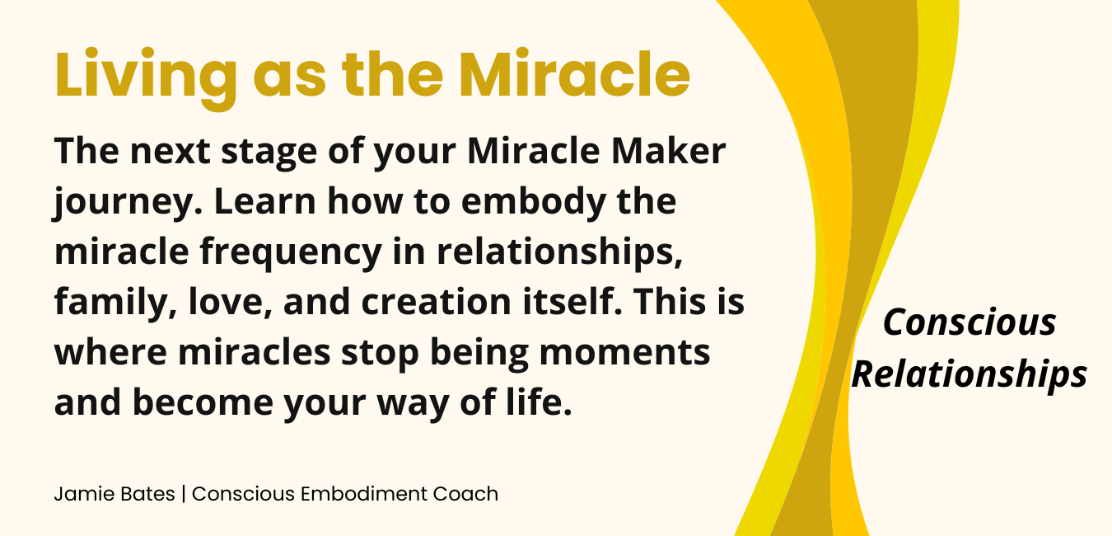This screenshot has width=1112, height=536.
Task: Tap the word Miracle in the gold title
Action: click(x=574, y=74)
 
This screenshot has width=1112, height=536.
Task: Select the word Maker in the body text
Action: click(x=669, y=151)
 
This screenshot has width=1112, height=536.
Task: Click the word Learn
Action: click(x=265, y=201)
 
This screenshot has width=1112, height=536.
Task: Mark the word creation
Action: click(x=436, y=301)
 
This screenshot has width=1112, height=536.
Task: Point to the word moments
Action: click(x=624, y=352)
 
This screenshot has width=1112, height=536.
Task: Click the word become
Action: click(x=203, y=402)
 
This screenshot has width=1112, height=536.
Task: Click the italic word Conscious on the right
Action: click(x=969, y=322)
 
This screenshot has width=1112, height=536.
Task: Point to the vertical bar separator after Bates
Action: click(x=184, y=494)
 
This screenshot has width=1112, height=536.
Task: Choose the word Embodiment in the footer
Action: click(x=364, y=494)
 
